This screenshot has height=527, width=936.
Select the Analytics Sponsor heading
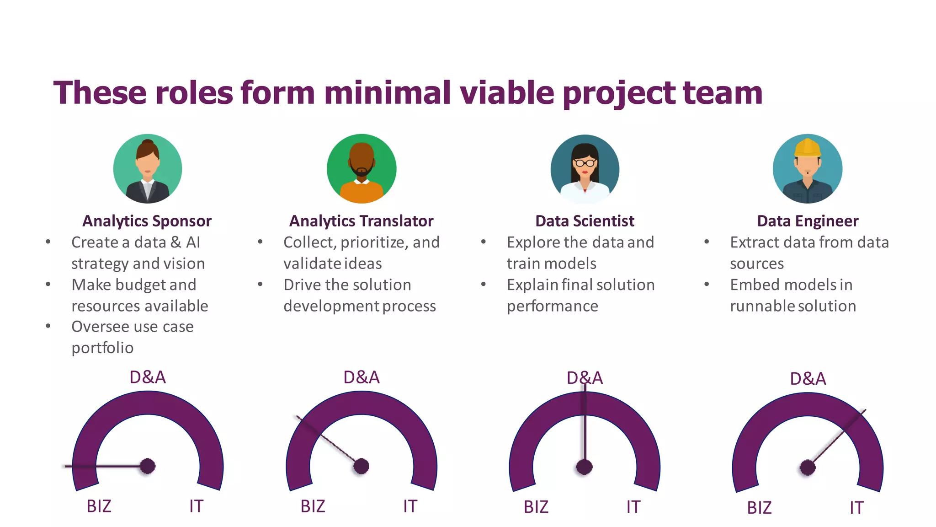(147, 221)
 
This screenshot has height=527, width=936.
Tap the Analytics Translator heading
(361, 221)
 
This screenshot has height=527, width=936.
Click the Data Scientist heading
(585, 221)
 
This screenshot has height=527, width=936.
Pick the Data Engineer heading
(808, 221)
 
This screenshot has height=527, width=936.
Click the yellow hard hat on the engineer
(808, 147)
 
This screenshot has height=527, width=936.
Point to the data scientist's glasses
(585, 162)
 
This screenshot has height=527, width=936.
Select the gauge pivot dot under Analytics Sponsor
(148, 466)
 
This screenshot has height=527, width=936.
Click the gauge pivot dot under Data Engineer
(808, 468)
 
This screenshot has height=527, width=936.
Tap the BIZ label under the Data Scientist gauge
(536, 507)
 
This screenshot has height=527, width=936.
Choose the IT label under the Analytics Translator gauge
(410, 506)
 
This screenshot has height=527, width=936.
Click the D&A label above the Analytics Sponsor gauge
(148, 377)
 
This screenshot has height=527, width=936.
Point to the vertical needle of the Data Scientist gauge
(585, 425)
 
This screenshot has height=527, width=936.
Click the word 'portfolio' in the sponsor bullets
(102, 348)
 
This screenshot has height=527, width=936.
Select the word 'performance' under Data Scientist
(552, 306)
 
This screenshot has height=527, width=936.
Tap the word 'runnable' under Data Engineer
(759, 306)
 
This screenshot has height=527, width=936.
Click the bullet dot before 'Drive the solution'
(260, 285)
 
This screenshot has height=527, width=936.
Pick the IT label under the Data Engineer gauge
(856, 508)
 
